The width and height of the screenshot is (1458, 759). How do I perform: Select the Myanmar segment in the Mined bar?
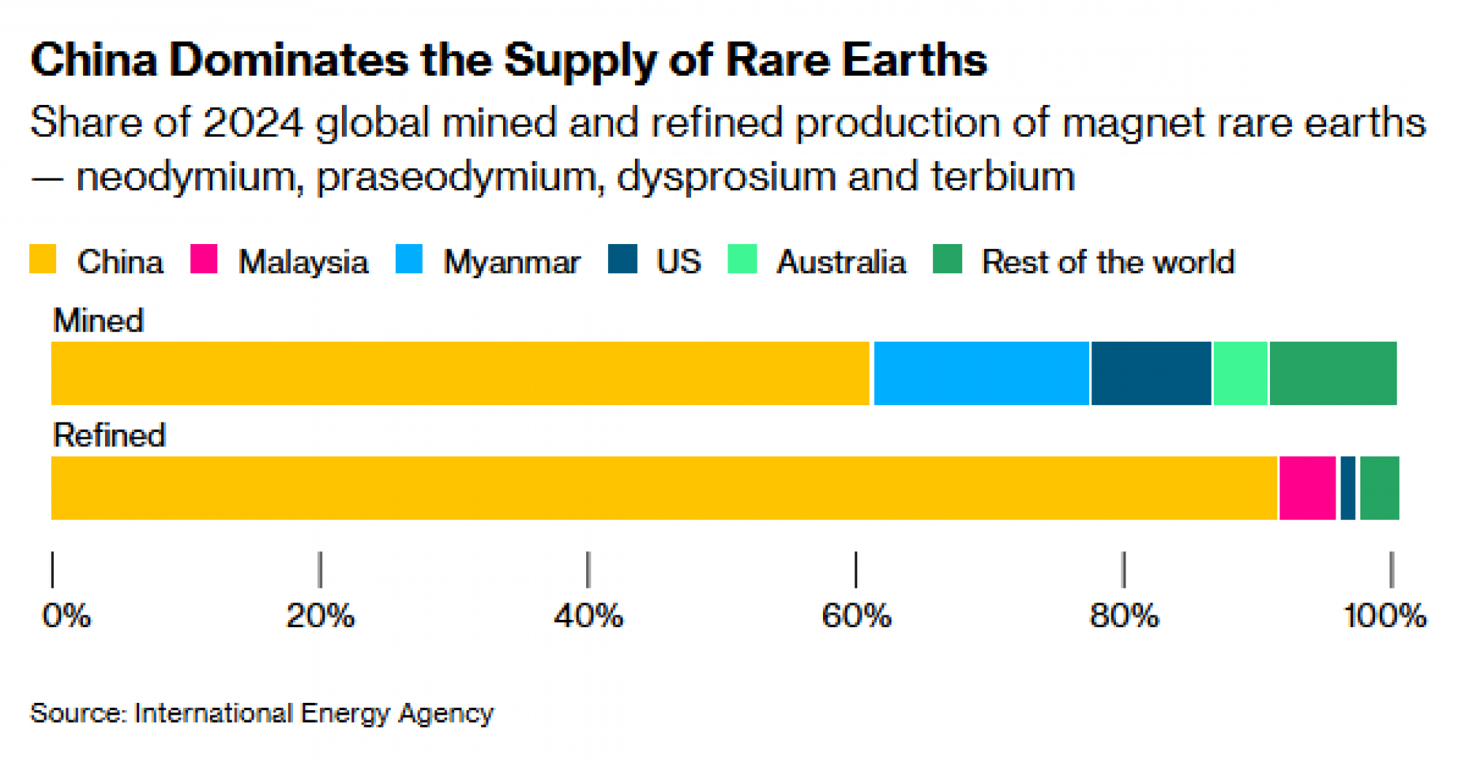(x=981, y=373)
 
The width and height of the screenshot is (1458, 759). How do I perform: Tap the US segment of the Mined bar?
(x=1151, y=373)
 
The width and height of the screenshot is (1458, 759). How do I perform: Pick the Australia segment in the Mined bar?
(x=1240, y=373)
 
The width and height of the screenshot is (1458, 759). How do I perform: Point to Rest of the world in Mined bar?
(x=1333, y=373)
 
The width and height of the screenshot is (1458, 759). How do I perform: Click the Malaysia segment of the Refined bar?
(x=1308, y=488)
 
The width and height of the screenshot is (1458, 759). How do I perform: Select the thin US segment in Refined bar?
(x=1348, y=488)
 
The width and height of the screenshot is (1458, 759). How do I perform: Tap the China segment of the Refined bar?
(x=663, y=488)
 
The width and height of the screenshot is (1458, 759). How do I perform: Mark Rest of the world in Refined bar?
(x=1379, y=488)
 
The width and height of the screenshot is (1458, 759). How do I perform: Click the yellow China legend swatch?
(x=42, y=259)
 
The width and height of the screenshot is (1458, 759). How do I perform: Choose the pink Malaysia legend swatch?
(x=203, y=259)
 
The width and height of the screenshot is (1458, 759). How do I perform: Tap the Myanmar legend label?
(x=512, y=262)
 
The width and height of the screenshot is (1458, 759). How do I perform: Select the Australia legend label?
(x=841, y=262)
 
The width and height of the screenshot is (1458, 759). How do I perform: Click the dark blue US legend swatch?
(x=623, y=259)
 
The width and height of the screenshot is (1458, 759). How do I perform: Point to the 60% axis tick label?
(x=856, y=616)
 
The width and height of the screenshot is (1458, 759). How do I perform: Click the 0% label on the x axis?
(x=66, y=616)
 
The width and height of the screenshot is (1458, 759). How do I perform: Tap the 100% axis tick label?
(x=1384, y=616)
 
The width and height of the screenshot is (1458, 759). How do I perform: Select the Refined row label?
(x=109, y=436)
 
